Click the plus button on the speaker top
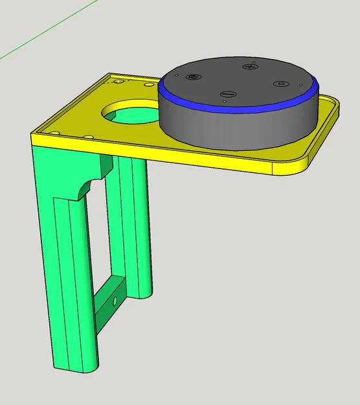(x=251, y=67)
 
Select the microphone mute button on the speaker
(x=192, y=77)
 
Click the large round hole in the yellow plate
(x=129, y=111)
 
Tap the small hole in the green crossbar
(x=115, y=301)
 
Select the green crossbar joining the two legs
(x=107, y=305)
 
